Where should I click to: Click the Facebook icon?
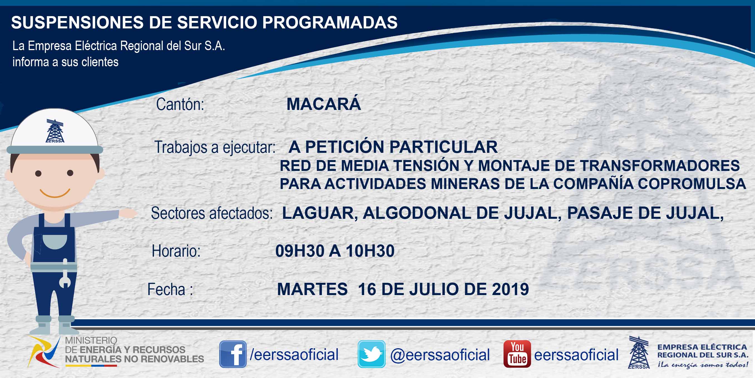(x=233, y=354)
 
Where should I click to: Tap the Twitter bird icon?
(x=371, y=354)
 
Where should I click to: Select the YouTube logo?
(x=517, y=354)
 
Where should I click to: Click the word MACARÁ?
(x=324, y=104)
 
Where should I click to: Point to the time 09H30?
(x=300, y=251)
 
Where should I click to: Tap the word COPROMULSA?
(x=692, y=184)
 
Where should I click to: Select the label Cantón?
(x=180, y=104)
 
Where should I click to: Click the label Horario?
(x=176, y=251)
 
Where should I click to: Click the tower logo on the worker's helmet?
(x=55, y=131)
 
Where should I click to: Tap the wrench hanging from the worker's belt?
(x=65, y=273)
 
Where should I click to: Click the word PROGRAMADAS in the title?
(x=330, y=22)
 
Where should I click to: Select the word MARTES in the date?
(x=312, y=289)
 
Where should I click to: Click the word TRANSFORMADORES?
(x=660, y=166)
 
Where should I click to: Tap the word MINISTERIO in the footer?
(x=91, y=340)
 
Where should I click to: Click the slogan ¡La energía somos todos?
(x=703, y=365)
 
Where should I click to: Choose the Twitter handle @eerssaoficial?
(x=440, y=355)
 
